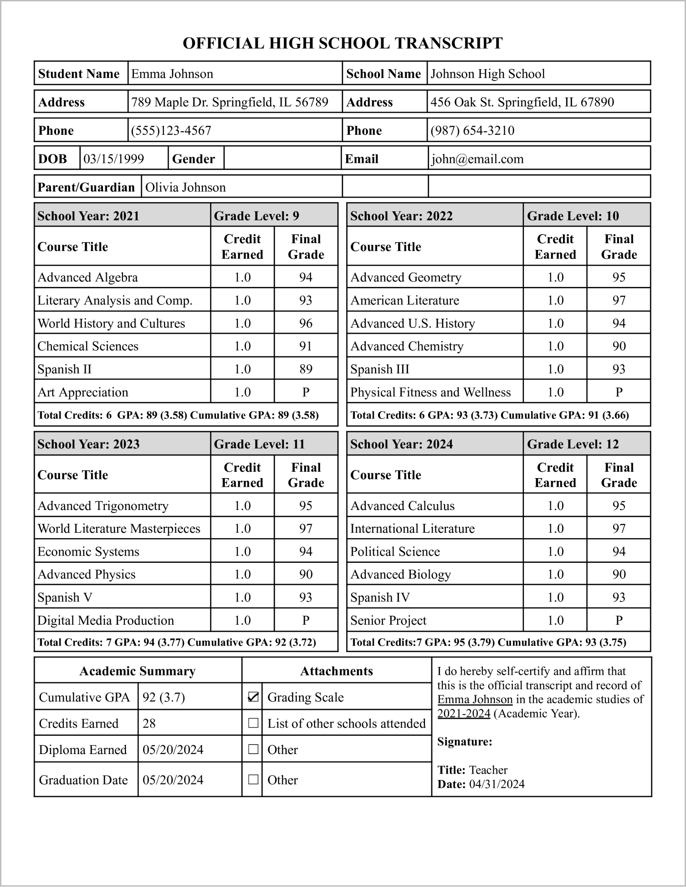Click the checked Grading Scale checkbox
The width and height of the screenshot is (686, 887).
pyautogui.click(x=253, y=697)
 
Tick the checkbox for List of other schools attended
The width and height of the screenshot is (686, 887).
pyautogui.click(x=253, y=723)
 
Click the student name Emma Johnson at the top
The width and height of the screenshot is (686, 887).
pyautogui.click(x=172, y=74)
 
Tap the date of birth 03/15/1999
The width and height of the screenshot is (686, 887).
pyautogui.click(x=114, y=159)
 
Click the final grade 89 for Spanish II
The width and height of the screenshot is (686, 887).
pyautogui.click(x=306, y=369)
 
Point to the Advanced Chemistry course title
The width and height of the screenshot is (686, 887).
pyautogui.click(x=407, y=346)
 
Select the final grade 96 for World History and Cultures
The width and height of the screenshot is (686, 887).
pyautogui.click(x=306, y=323)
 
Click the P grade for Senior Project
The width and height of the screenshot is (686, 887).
pyautogui.click(x=619, y=620)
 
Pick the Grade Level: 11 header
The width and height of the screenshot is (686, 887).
pyautogui.click(x=259, y=444)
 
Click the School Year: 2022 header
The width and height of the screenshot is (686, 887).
pyautogui.click(x=401, y=216)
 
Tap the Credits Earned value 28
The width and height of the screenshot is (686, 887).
pyautogui.click(x=149, y=724)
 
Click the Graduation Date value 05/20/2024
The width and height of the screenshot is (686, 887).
pyautogui.click(x=173, y=780)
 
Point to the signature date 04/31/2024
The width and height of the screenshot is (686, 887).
pyautogui.click(x=497, y=784)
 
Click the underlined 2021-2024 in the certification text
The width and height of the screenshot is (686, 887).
pyautogui.click(x=464, y=714)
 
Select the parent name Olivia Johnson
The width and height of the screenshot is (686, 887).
pyautogui.click(x=185, y=188)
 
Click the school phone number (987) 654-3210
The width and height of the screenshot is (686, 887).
pyautogui.click(x=472, y=131)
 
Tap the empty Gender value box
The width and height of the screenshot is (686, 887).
pyautogui.click(x=282, y=159)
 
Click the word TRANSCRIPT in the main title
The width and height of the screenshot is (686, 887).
pyautogui.click(x=448, y=43)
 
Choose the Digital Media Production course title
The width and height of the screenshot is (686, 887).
pyautogui.click(x=106, y=620)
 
